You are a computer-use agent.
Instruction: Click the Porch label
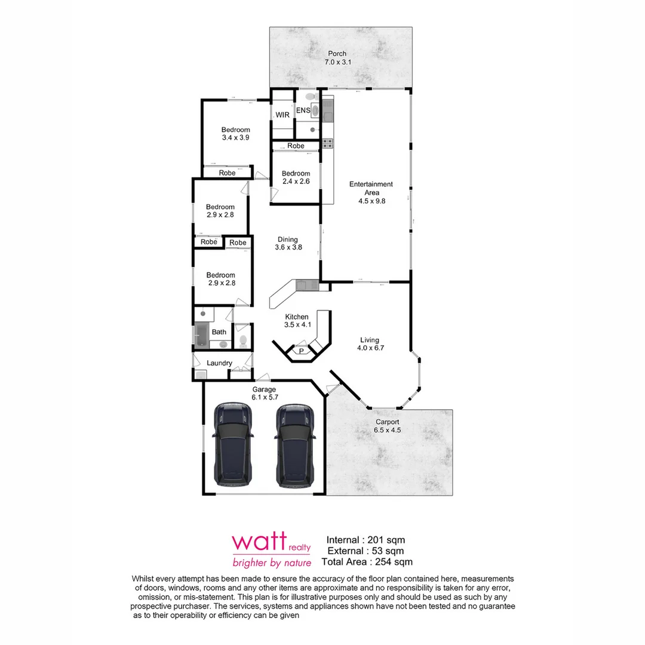[x=337, y=54]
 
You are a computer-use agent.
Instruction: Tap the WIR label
[x=282, y=115]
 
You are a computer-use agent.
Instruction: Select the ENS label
[x=303, y=110]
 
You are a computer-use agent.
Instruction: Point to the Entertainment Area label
[x=371, y=188]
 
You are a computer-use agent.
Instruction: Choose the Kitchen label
[x=297, y=317]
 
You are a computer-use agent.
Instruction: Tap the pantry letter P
[x=301, y=351]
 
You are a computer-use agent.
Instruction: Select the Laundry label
[x=219, y=363]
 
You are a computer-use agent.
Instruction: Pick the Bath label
[x=219, y=332]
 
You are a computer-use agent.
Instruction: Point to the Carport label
[x=387, y=422]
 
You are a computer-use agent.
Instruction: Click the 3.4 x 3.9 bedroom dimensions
[x=235, y=137]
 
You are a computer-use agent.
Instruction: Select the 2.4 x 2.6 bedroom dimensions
[x=296, y=182]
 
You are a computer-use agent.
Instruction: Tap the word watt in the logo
[x=259, y=542]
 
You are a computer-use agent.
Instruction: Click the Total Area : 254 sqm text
[x=367, y=561]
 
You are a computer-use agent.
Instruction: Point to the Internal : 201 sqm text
[x=365, y=540]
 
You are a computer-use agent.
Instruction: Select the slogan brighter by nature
[x=272, y=563]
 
